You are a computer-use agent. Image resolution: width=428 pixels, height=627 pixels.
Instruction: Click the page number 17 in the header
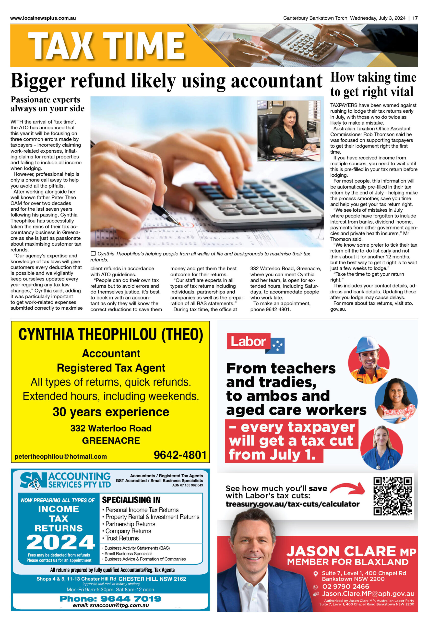(x=415, y=18)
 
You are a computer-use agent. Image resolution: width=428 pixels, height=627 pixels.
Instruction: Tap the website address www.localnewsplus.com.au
(x=43, y=18)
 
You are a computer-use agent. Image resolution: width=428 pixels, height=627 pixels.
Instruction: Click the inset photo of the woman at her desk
(x=289, y=131)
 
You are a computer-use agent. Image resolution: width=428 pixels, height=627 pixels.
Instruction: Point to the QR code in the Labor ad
(x=392, y=496)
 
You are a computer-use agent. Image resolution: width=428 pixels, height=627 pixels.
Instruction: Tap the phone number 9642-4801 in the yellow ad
(x=180, y=455)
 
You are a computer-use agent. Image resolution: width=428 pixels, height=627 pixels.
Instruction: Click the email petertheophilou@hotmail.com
(x=61, y=457)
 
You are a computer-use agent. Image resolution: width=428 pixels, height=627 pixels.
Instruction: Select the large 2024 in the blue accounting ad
(x=60, y=542)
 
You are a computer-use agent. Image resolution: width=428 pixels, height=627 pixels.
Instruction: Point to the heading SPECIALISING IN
(x=131, y=500)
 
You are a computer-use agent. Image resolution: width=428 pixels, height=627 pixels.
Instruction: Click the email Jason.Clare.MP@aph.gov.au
(x=368, y=593)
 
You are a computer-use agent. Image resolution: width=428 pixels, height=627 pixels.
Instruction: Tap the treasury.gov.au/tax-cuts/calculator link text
(x=292, y=504)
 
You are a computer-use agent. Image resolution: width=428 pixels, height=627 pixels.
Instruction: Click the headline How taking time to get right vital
(x=373, y=84)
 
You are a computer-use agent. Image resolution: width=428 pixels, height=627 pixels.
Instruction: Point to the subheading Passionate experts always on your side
(x=48, y=104)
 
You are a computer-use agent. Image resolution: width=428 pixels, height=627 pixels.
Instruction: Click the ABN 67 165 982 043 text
(x=188, y=485)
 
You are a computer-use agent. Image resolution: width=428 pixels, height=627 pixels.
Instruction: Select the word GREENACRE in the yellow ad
(x=111, y=441)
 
